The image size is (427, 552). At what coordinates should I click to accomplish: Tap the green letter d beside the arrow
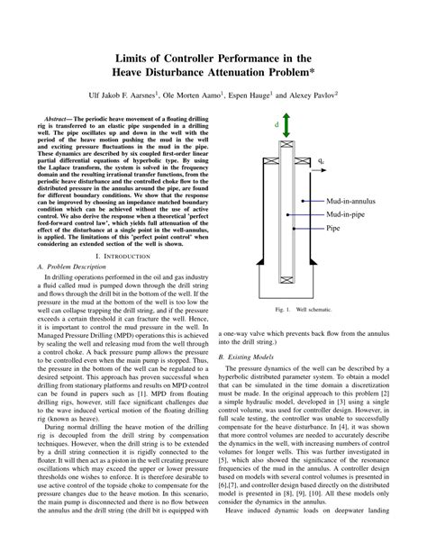tap(277, 126)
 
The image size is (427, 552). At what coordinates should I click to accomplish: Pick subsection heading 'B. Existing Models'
tap(245, 357)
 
